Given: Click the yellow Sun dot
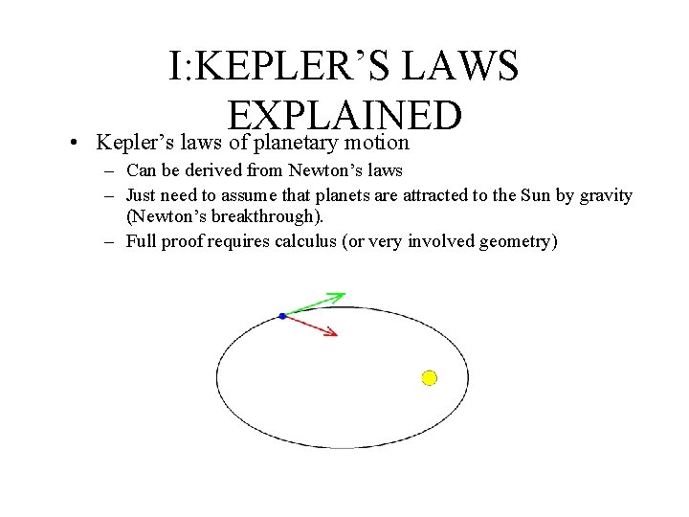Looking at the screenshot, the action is click(430, 378).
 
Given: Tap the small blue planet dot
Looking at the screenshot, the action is click(282, 316).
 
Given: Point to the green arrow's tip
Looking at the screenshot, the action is click(344, 295).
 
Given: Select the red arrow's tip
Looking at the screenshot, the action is click(336, 334).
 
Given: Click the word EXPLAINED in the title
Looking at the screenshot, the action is click(345, 117).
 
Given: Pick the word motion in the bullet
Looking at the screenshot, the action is click(379, 143).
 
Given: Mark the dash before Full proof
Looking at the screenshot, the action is click(111, 241).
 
